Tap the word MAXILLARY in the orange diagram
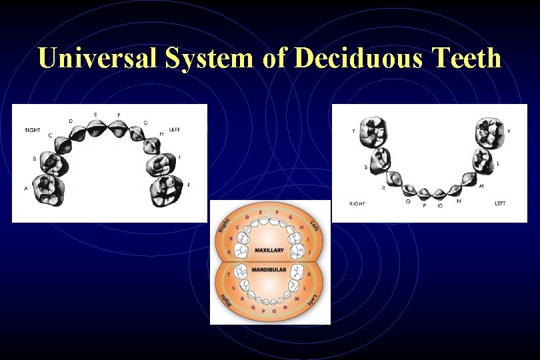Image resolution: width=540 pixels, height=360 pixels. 269,251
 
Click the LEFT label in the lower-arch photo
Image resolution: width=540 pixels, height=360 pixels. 500,203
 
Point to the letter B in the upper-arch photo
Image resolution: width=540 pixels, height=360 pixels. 35,159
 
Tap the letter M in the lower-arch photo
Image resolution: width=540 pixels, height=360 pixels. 481,185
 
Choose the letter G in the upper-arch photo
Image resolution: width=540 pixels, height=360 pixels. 146,123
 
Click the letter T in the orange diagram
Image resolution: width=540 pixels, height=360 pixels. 229,273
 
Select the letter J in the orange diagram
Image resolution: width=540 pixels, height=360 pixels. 309,252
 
